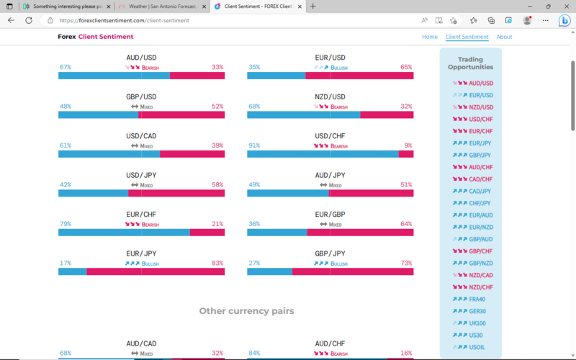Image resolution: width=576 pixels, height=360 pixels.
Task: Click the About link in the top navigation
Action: click(x=504, y=37)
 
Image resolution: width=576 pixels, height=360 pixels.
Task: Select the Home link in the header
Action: click(x=430, y=37)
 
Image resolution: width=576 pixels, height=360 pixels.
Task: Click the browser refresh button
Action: click(x=29, y=21)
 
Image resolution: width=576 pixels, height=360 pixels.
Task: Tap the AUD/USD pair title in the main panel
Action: click(x=141, y=57)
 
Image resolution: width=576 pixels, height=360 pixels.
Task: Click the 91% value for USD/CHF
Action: click(x=253, y=145)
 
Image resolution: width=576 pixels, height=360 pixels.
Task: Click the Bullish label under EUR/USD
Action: click(x=338, y=68)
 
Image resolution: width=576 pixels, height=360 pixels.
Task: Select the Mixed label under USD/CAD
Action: click(x=146, y=146)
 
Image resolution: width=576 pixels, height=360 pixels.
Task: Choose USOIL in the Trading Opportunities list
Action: click(x=477, y=347)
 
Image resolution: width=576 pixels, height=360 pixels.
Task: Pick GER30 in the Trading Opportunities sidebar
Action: click(x=477, y=311)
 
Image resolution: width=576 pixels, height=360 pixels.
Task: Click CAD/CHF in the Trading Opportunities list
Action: click(x=480, y=179)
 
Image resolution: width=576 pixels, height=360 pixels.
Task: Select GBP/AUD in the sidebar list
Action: click(x=480, y=239)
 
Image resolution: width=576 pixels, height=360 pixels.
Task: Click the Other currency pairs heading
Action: click(x=246, y=311)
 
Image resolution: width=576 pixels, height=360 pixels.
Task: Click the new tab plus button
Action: click(x=312, y=6)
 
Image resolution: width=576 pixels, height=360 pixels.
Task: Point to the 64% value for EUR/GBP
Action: click(x=406, y=224)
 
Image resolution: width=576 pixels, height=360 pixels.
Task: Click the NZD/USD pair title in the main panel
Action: click(x=330, y=96)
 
